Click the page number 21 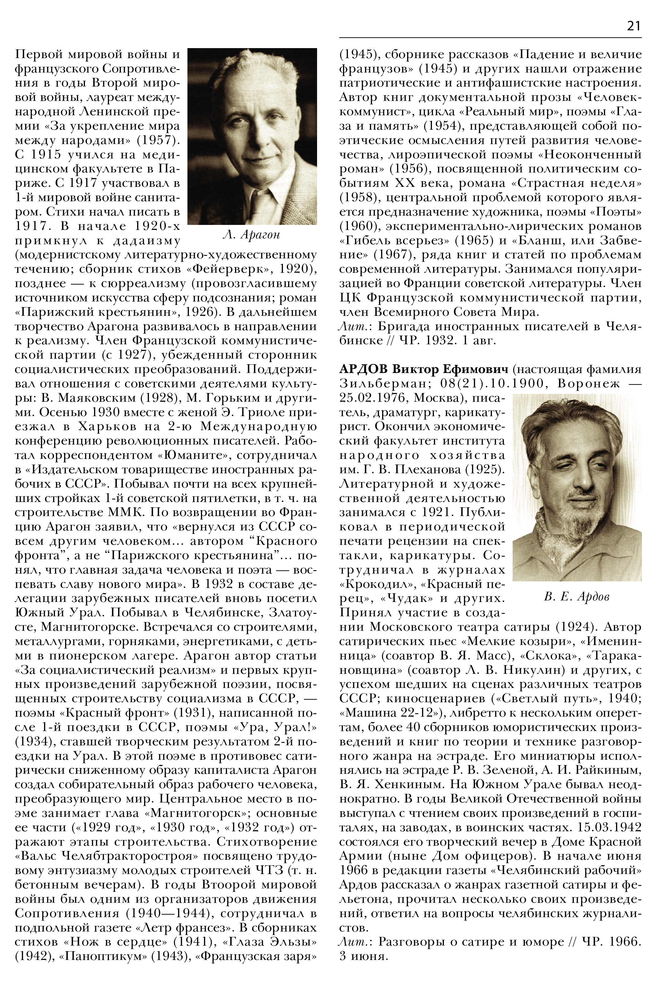(x=634, y=26)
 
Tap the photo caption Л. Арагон (x=251, y=235)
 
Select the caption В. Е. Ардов (x=577, y=596)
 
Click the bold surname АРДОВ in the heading (x=363, y=370)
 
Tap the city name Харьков (x=107, y=426)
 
